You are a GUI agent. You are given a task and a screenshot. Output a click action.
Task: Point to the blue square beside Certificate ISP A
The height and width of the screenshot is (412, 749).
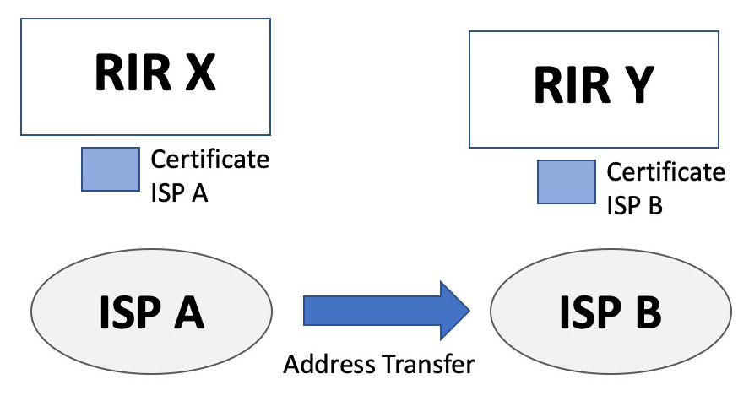tap(111, 169)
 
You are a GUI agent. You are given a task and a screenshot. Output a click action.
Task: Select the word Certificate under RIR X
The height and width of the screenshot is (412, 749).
tap(209, 159)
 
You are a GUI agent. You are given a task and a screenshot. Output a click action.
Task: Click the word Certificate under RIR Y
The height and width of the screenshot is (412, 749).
tap(666, 172)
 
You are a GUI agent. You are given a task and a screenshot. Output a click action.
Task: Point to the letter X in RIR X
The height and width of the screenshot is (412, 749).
tap(198, 73)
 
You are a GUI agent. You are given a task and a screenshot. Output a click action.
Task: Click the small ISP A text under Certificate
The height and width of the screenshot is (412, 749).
tap(179, 193)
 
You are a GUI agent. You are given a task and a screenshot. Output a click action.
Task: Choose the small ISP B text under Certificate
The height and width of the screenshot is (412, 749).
tap(635, 206)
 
